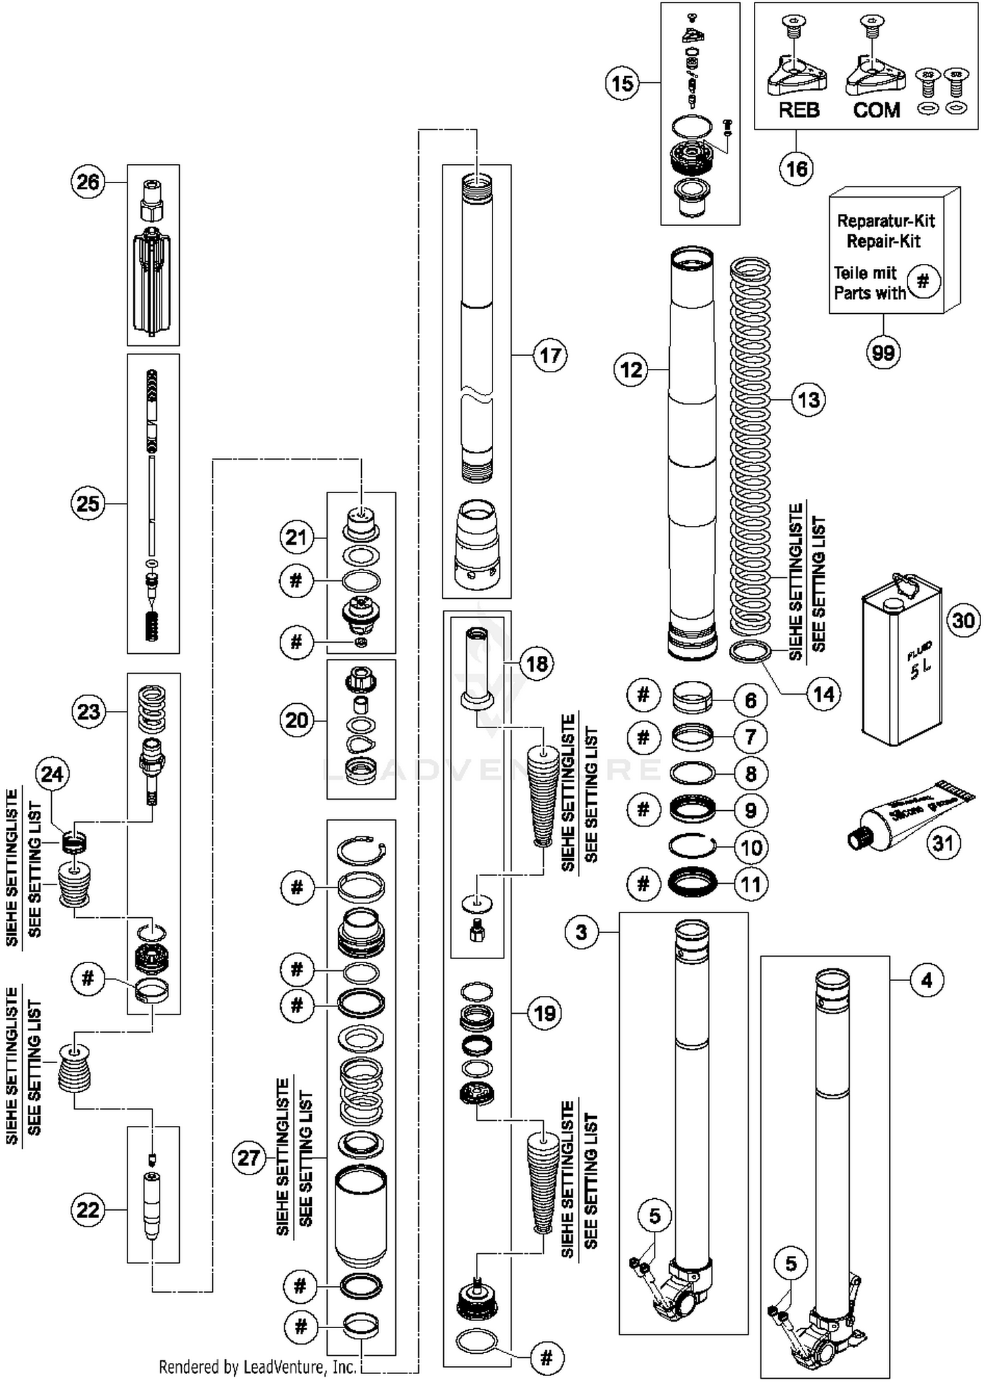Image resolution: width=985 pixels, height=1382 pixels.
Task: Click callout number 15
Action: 622,83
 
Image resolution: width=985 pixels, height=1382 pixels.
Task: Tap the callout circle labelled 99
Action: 883,353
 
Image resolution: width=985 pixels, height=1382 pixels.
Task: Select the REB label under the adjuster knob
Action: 799,110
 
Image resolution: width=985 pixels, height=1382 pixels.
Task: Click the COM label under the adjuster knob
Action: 876,110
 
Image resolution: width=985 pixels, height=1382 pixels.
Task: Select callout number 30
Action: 963,620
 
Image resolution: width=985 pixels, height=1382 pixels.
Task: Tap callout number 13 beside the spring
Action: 808,399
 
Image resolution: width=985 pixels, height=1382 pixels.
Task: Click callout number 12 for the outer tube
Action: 631,370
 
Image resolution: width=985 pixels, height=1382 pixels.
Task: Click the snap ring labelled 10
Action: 691,847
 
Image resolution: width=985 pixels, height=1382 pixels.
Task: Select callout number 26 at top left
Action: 88,182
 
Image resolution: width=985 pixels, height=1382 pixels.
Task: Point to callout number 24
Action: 53,774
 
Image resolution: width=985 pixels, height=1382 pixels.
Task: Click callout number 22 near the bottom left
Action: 88,1209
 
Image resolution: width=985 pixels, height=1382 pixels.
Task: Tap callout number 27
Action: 249,1157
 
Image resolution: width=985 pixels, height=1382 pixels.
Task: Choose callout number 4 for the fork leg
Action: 926,981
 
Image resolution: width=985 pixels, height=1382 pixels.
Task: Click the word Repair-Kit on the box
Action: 883,241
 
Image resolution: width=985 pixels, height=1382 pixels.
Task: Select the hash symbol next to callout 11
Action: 643,884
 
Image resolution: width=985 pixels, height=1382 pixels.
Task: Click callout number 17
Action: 550,355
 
